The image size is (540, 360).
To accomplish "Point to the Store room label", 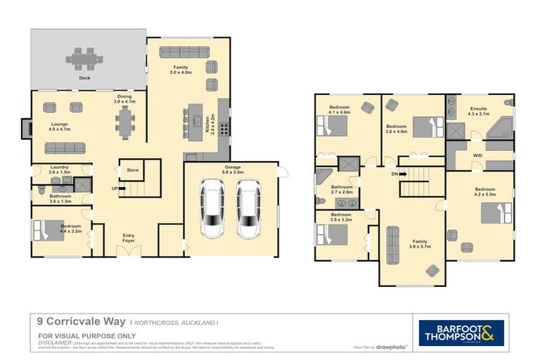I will pos(132,170).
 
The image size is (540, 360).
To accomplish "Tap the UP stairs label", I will pos(115,188).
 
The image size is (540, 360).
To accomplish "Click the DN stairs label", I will pos(394,174).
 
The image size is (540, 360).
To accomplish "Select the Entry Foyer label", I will pos(129,238).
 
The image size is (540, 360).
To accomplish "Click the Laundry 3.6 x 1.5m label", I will pos(60,169).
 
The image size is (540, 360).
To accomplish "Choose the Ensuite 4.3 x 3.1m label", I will pos(479,111).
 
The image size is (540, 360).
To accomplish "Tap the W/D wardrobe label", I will pos(477,155).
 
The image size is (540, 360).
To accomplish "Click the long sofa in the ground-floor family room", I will pos(179,52).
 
